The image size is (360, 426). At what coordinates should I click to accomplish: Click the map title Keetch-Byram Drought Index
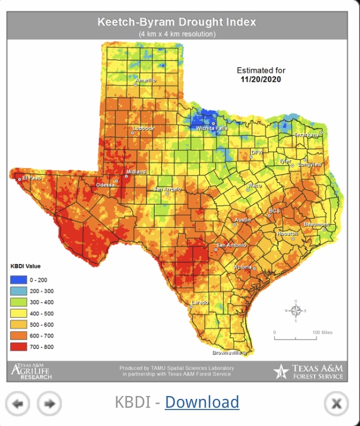176,22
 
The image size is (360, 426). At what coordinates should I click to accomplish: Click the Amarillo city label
145,81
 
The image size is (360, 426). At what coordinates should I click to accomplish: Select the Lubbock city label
143,128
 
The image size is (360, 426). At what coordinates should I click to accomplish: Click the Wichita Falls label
212,128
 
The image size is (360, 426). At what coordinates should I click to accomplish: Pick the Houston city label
288,234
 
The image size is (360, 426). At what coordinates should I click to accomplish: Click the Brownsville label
226,352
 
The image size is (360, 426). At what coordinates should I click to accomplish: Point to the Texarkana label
306,135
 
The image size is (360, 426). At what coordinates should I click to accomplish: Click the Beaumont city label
316,224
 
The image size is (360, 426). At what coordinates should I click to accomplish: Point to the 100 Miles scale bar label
322,332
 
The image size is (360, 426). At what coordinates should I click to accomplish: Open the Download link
202,402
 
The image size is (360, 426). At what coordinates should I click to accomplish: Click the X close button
336,404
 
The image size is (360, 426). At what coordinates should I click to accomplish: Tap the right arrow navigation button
49,404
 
